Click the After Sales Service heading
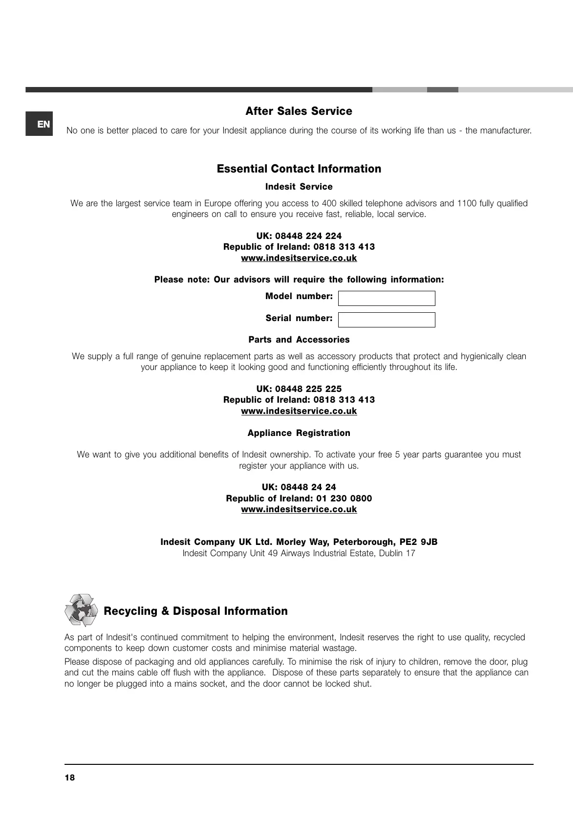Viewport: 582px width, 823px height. click(299, 111)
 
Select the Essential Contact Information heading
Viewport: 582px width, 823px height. click(299, 169)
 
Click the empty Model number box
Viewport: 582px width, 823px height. click(386, 298)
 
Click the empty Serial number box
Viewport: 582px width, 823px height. click(386, 320)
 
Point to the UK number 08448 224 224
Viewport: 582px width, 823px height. click(308, 236)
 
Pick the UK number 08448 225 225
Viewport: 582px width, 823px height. click(308, 389)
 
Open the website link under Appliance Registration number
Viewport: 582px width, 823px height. click(299, 509)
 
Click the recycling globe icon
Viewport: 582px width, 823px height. click(81, 610)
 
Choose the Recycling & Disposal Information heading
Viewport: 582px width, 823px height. click(195, 611)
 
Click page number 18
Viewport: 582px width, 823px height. click(70, 778)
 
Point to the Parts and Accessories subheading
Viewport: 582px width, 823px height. click(299, 340)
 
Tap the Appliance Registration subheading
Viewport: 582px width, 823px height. click(299, 433)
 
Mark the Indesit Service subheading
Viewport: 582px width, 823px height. click(299, 187)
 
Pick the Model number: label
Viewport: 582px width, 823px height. click(299, 296)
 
